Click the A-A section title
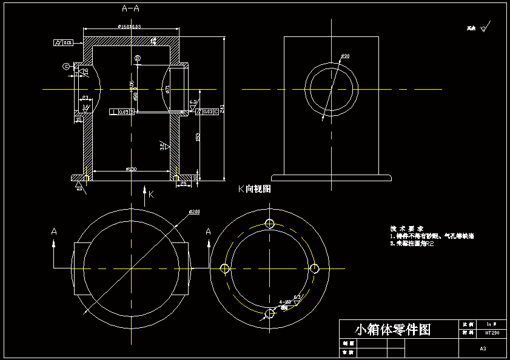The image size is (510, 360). (131, 8)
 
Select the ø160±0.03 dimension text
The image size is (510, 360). (130, 26)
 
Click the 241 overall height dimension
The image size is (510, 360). (223, 108)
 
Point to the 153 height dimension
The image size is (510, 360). (198, 137)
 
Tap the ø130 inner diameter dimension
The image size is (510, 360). (131, 169)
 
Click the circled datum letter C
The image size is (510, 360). (66, 66)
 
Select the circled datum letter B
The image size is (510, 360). (138, 58)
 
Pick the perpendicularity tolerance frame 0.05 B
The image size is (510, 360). (121, 112)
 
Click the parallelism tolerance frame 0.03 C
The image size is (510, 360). (207, 112)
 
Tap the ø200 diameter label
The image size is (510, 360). (195, 212)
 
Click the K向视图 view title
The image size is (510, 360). (254, 189)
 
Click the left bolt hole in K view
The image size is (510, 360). (225, 268)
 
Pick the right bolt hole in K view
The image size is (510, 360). (315, 268)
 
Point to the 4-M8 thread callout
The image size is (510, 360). (284, 301)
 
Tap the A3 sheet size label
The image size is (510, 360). (483, 348)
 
